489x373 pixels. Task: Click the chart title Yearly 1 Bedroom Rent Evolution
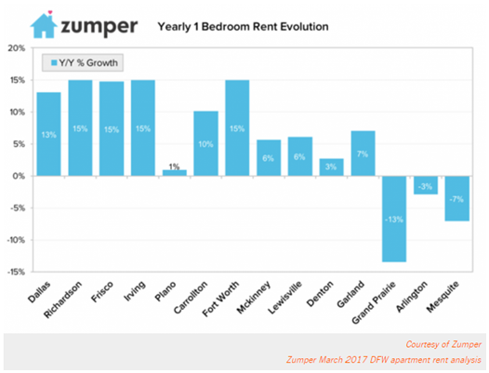click(x=244, y=27)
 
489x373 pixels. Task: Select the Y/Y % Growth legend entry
click(x=85, y=63)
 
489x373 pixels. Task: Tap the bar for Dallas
click(x=49, y=133)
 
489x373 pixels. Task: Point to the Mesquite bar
click(x=456, y=198)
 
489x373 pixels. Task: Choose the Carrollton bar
click(x=206, y=143)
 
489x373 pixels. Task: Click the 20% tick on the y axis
click(x=17, y=47)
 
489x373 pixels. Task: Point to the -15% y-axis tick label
click(x=16, y=272)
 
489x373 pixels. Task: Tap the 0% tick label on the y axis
click(x=19, y=176)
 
